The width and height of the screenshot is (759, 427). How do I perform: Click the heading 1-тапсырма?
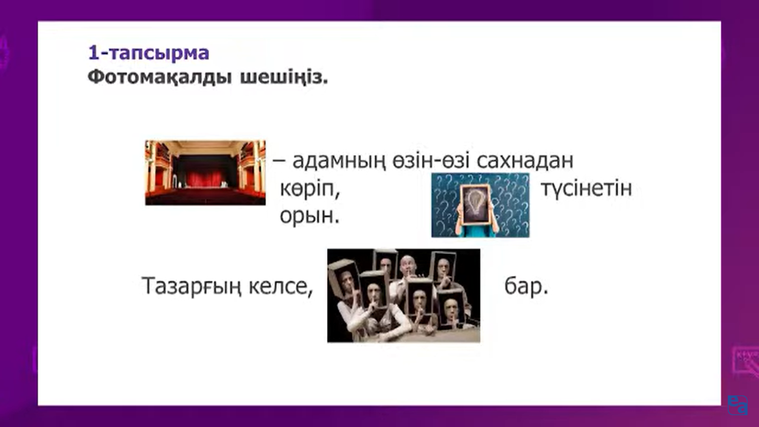[149, 53]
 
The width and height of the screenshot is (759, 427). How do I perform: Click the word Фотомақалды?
[159, 77]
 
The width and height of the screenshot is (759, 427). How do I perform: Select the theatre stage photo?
[205, 173]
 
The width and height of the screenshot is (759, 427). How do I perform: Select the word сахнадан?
[525, 161]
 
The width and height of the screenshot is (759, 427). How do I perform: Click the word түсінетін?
[586, 189]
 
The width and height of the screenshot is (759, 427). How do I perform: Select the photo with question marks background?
[480, 205]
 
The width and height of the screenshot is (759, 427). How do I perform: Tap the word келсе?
[281, 286]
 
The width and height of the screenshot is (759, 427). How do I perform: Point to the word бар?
[526, 286]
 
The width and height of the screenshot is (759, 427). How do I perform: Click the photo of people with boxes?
[404, 295]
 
